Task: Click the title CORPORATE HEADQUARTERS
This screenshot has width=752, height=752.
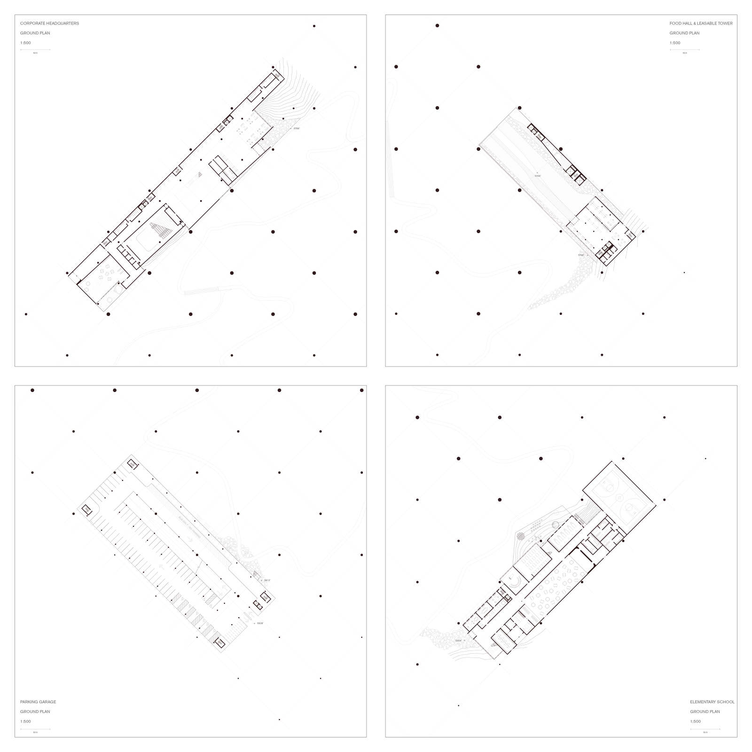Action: click(49, 23)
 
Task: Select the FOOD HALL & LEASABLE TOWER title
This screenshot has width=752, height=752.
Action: click(701, 23)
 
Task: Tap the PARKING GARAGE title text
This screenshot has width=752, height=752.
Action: click(38, 702)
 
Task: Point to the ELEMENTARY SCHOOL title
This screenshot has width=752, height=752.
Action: click(712, 702)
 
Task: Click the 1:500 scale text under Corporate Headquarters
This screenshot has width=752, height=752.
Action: click(25, 43)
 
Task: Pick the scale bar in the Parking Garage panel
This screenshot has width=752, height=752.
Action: click(35, 729)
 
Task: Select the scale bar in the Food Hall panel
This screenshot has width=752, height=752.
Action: click(684, 50)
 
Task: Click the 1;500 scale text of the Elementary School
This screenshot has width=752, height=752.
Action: click(695, 721)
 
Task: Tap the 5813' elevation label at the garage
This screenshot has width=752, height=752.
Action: click(267, 580)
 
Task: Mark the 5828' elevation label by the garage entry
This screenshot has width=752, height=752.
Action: click(260, 623)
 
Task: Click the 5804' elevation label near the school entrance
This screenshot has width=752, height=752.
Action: click(458, 641)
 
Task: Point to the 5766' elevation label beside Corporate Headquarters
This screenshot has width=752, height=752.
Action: click(296, 128)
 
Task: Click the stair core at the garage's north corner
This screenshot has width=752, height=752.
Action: click(132, 465)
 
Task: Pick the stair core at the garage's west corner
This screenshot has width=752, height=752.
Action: click(86, 509)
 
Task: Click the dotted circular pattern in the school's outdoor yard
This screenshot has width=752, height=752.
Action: click(521, 536)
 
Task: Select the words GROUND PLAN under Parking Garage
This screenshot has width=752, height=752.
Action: click(35, 712)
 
